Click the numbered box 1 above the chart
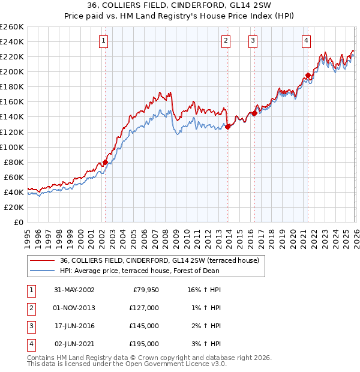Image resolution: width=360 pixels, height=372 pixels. (x=104, y=41)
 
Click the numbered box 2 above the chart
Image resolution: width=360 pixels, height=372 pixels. (x=226, y=41)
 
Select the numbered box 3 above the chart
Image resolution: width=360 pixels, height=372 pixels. (x=253, y=41)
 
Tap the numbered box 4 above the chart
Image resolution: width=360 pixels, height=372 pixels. (x=306, y=41)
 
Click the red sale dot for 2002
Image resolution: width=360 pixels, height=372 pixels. (x=105, y=162)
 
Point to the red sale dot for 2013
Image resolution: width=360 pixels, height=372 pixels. (x=227, y=127)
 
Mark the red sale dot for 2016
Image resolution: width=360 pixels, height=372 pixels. (x=254, y=113)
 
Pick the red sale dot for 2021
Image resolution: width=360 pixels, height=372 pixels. (x=308, y=76)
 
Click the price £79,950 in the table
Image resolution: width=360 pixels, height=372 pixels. (x=145, y=290)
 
